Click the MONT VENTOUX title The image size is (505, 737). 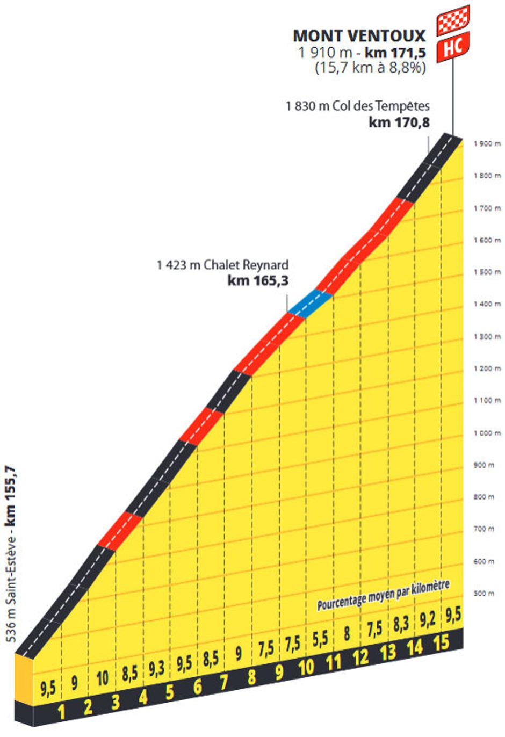(x=359, y=35)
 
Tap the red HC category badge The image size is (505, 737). (x=452, y=47)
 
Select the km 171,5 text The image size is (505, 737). (x=395, y=52)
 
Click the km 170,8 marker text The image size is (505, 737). (x=399, y=122)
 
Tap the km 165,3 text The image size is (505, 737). (x=258, y=280)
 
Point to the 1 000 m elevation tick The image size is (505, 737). (x=487, y=433)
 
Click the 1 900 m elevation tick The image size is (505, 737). (x=487, y=143)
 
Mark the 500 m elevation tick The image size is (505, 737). (x=484, y=593)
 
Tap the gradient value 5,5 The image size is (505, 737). (x=320, y=640)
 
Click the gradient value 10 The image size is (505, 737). (x=102, y=678)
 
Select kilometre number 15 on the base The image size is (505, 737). (x=441, y=642)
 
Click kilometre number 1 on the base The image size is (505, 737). (x=61, y=712)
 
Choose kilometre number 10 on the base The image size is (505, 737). (x=306, y=667)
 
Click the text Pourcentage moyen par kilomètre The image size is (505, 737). (x=383, y=595)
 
